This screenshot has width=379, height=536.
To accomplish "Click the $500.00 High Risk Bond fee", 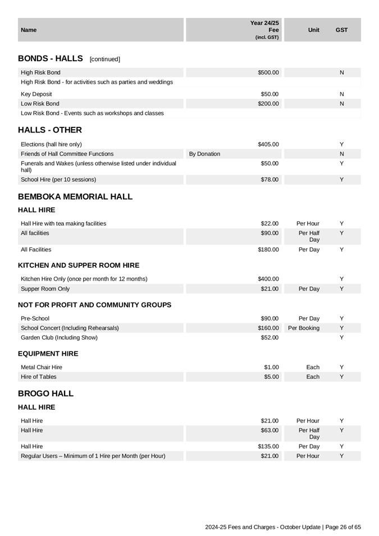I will pyautogui.click(x=268, y=72).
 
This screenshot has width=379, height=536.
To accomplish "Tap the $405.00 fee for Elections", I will pyautogui.click(x=268, y=144).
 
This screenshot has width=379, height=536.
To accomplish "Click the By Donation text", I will pyautogui.click(x=204, y=154).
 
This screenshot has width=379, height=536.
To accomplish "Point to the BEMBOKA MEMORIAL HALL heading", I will pyautogui.click(x=75, y=196).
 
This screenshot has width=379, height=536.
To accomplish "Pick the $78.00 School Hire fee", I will pyautogui.click(x=270, y=180).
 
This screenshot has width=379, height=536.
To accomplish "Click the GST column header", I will pyautogui.click(x=341, y=30).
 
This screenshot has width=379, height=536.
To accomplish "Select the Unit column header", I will pyautogui.click(x=313, y=30).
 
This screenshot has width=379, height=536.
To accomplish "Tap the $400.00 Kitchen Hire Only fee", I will pyautogui.click(x=268, y=279).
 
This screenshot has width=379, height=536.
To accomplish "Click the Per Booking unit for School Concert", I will pyautogui.click(x=304, y=328).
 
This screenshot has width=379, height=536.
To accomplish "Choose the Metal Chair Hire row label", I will pyautogui.click(x=42, y=367).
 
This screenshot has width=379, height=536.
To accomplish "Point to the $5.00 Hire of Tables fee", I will pyautogui.click(x=271, y=377).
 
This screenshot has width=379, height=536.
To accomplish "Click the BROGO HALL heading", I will pyautogui.click(x=45, y=393).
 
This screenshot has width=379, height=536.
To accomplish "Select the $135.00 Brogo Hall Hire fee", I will pyautogui.click(x=268, y=446).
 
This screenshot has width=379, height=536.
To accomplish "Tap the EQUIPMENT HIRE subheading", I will pyautogui.click(x=48, y=354).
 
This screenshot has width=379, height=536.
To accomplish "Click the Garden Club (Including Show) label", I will pyautogui.click(x=59, y=337).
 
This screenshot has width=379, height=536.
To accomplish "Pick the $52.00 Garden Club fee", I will pyautogui.click(x=270, y=337).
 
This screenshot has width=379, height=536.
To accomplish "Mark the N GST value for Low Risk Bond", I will pyautogui.click(x=341, y=104).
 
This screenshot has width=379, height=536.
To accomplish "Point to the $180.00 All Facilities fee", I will pyautogui.click(x=268, y=250).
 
